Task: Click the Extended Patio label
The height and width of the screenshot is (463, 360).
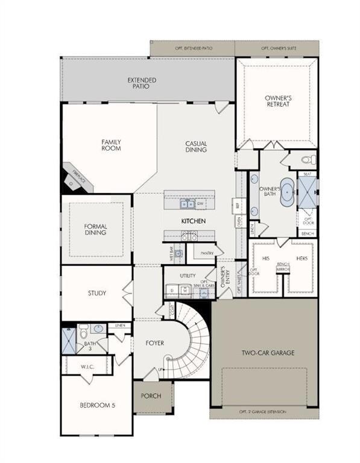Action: point(142,83)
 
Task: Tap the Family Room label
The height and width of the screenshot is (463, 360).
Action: point(111,145)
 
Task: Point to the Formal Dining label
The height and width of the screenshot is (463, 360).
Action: point(95,230)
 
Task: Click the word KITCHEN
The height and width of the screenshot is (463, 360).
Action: point(194,221)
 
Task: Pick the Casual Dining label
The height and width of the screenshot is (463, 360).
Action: point(196,146)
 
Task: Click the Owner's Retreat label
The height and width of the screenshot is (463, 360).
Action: point(277,101)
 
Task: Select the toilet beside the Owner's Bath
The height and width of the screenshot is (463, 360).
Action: point(307,160)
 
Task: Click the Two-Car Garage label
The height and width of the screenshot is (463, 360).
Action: point(268,353)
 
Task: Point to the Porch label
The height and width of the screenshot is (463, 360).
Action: point(150,396)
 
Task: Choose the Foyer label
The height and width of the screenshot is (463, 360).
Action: point(155,343)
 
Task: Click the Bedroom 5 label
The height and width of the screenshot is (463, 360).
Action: point(96,405)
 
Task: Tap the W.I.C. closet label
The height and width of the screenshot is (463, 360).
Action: point(89,366)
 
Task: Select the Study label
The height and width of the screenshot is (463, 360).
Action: point(96,294)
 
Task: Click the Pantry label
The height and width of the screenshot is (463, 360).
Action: point(208,254)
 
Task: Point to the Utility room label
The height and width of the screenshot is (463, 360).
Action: point(188,276)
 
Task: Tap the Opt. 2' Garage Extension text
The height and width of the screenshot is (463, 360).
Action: point(264,412)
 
